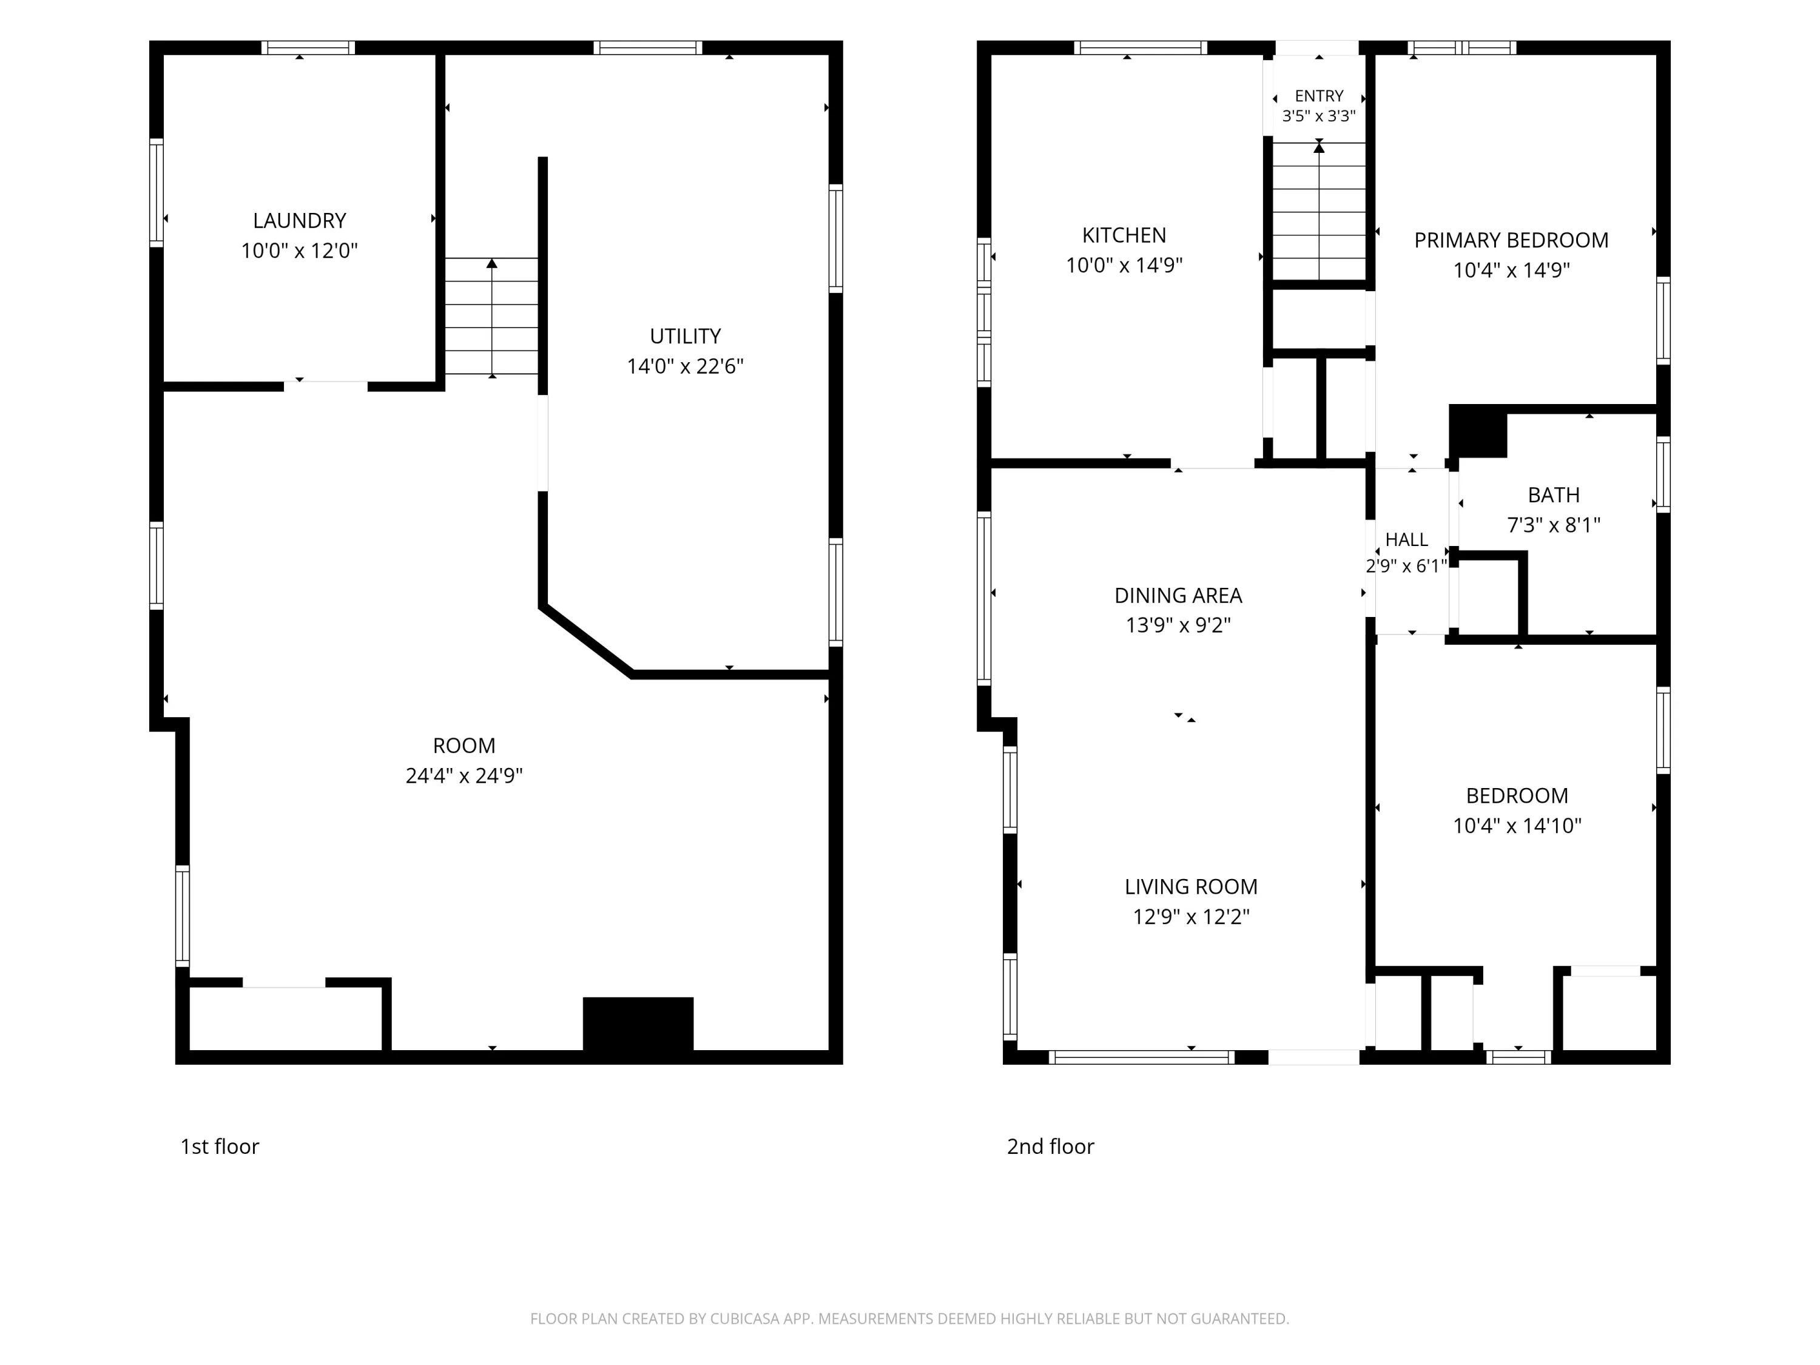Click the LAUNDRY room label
[x=300, y=220]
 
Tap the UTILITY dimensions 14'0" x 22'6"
[x=686, y=366]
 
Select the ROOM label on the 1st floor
[x=464, y=746]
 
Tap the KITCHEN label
[x=1124, y=235]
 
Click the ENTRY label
[x=1319, y=95]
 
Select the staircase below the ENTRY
[x=1319, y=212]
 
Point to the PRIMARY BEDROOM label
[x=1511, y=240]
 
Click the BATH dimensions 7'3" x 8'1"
[x=1554, y=525]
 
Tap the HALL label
[x=1407, y=540]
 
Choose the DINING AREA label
[x=1178, y=595]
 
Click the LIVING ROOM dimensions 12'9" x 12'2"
[x=1191, y=917]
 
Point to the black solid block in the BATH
[x=1478, y=431]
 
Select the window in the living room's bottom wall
[x=1141, y=1057]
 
